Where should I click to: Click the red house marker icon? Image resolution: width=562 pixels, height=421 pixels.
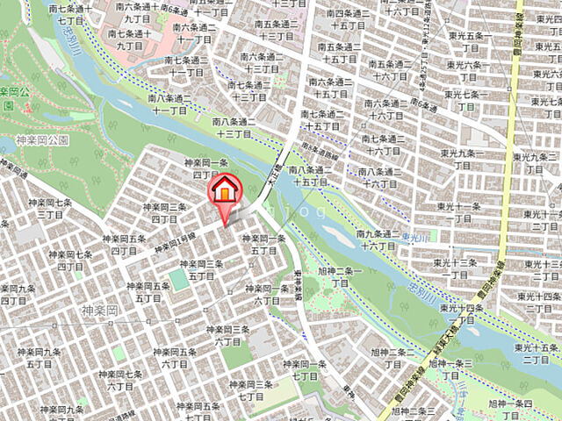click(x=223, y=191)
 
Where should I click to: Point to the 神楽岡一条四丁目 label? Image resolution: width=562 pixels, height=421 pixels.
click(x=205, y=169)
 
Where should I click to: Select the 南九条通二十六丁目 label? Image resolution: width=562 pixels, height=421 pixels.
click(x=377, y=239)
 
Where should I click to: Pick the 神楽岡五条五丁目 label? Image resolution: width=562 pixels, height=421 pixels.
click(x=146, y=290)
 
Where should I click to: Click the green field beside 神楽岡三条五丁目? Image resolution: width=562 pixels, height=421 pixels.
click(x=178, y=280)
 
